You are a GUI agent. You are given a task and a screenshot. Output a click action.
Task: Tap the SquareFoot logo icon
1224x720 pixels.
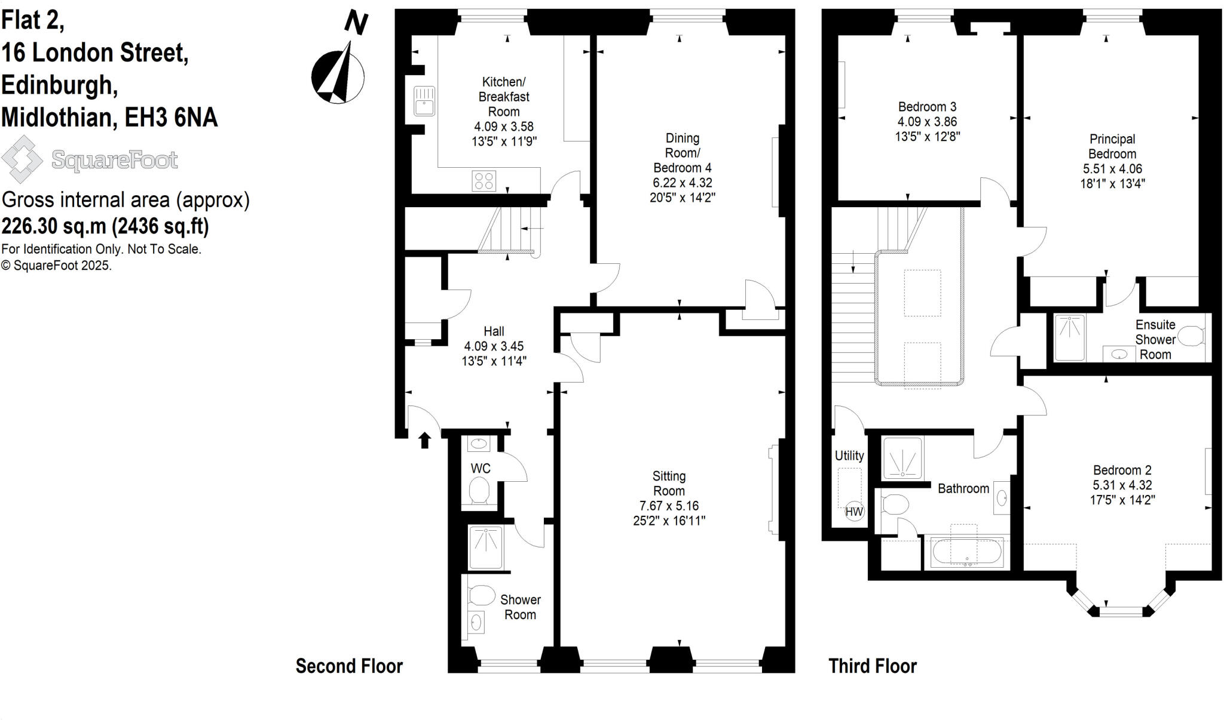tap(22, 159)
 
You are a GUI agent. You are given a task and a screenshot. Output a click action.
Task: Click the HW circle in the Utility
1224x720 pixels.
tap(854, 512)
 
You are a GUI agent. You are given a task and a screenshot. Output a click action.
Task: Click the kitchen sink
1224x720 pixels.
tap(424, 100)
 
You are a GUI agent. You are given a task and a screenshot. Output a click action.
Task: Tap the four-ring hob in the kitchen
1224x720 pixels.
tap(484, 180)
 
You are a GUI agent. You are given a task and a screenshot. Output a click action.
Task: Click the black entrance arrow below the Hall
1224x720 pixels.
tap(424, 441)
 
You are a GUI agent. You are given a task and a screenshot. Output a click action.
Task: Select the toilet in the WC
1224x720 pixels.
tap(479, 492)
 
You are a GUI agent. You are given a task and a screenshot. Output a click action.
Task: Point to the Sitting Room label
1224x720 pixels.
tap(669, 484)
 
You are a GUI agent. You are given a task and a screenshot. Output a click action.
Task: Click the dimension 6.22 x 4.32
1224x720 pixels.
tap(682, 183)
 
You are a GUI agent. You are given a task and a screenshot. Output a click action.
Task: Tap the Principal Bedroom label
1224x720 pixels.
tap(1112, 146)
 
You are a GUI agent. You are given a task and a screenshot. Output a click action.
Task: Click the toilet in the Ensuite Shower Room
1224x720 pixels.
tap(1192, 336)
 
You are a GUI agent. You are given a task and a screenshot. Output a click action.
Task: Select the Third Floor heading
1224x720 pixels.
tap(872, 666)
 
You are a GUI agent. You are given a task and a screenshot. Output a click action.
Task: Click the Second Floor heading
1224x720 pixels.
tap(349, 666)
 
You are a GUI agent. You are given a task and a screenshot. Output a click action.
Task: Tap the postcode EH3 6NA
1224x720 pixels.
tap(171, 118)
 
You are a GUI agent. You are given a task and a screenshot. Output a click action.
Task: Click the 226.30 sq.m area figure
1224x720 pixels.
tap(54, 226)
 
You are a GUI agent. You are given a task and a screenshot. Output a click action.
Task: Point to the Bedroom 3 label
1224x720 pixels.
tap(927, 107)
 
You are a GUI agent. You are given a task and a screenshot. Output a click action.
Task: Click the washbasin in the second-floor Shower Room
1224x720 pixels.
tap(476, 622)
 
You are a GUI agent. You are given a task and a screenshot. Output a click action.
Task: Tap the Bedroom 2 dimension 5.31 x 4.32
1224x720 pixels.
tap(1122, 485)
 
